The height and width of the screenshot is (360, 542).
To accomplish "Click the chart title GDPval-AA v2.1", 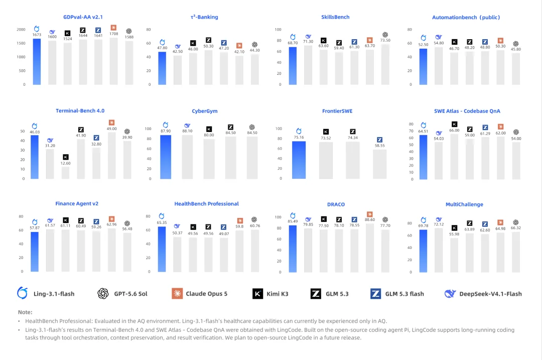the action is click(83, 17).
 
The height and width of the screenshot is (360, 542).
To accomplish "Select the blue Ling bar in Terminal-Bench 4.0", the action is click(35, 157).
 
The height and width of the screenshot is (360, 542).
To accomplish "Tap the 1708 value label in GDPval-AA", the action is click(114, 34).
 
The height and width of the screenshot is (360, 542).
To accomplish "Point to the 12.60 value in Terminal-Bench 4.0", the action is click(65, 163).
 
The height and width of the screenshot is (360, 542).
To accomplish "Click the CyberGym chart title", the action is click(205, 111).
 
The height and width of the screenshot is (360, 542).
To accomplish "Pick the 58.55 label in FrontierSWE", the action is click(379, 146).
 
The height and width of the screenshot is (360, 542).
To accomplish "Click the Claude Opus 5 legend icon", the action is click(177, 294).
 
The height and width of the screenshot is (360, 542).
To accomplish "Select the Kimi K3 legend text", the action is click(277, 294).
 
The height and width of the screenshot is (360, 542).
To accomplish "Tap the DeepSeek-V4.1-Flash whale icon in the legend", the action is click(450, 294).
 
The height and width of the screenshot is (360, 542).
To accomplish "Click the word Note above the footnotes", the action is click(25, 312).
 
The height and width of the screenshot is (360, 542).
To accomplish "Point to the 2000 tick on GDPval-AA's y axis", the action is click(21, 30).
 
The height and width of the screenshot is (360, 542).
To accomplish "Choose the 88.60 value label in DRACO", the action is click(370, 219).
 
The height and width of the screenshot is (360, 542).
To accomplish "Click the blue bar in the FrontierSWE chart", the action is click(299, 160).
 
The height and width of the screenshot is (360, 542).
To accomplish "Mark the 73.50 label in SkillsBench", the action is click(385, 40).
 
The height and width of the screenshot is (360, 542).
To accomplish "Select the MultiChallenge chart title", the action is click(464, 204).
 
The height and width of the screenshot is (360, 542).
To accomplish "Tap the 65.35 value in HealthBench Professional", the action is click(162, 223).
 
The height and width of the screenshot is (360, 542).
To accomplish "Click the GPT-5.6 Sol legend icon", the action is click(103, 294).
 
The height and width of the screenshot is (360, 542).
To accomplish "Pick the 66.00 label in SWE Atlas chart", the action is click(454, 131).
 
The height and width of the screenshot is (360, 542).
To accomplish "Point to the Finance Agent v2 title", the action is click(77, 204).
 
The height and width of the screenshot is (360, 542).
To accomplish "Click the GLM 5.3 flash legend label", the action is click(404, 294).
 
